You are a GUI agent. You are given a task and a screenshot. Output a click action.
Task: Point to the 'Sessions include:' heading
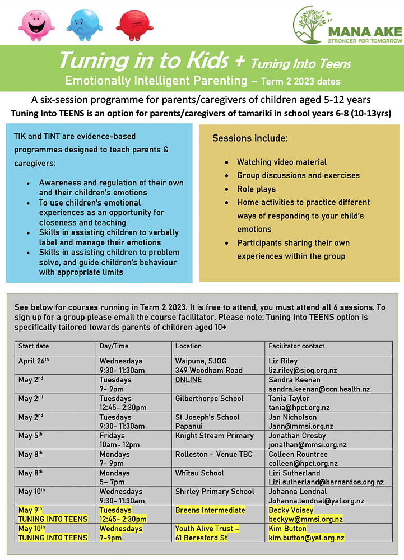[250, 138]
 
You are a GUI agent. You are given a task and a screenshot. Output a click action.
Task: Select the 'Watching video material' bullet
[281, 162]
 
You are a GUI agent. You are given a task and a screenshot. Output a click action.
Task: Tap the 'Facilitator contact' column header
[296, 346]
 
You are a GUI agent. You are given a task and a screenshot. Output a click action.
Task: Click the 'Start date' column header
[34, 346]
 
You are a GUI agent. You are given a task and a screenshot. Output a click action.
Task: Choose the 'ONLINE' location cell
[188, 380]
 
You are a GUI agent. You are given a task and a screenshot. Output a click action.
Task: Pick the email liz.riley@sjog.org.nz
[303, 370]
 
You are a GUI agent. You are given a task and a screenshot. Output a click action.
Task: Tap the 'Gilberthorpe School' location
[209, 398]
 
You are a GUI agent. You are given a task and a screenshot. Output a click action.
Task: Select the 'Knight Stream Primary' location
[214, 435]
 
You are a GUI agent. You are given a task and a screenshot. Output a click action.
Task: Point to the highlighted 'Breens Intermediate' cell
[210, 510]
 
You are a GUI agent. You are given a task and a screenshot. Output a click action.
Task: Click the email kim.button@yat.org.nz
[306, 538]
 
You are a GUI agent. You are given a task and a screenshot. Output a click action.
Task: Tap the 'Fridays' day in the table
[112, 435]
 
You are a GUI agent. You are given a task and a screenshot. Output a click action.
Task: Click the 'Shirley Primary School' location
[215, 491]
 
